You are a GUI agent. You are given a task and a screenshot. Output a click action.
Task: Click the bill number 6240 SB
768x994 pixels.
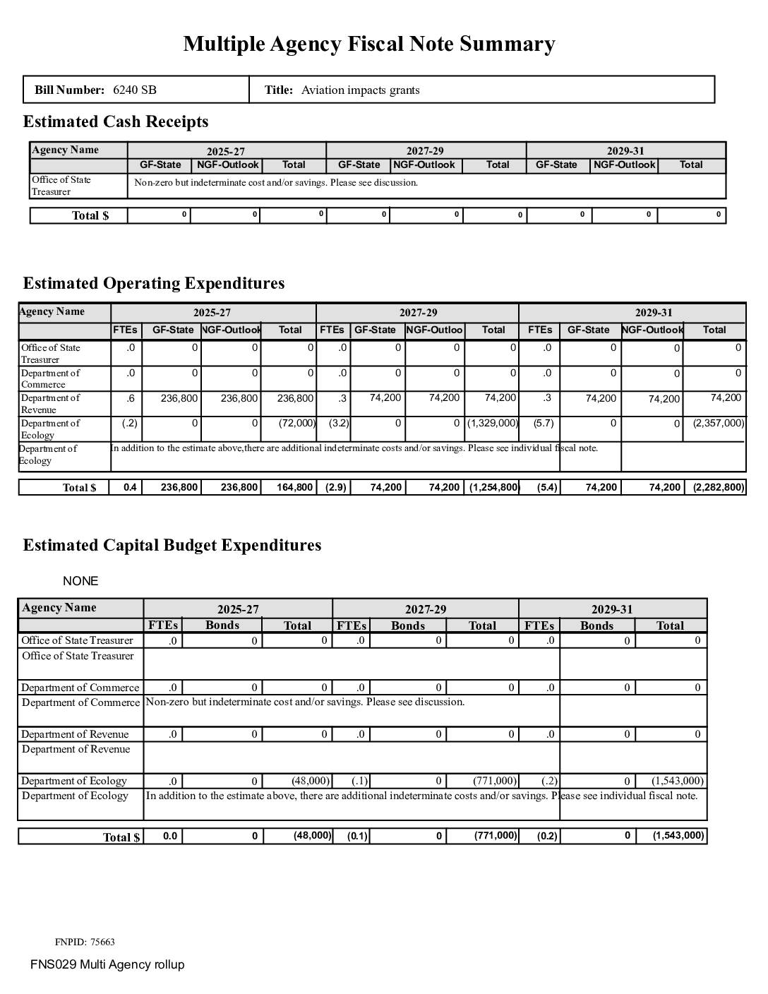(x=135, y=90)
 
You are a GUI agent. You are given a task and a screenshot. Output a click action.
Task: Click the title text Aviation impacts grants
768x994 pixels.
(x=360, y=90)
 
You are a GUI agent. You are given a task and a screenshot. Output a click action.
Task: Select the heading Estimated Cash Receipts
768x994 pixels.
(x=116, y=122)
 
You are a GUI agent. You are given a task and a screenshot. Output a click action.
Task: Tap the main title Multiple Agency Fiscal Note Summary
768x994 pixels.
(x=369, y=44)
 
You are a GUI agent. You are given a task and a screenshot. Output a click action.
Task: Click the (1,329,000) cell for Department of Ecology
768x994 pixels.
(x=492, y=424)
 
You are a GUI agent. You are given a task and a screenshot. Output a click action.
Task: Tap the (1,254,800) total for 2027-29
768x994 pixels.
(x=494, y=487)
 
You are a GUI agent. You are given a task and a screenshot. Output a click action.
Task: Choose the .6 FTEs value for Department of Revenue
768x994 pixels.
(x=131, y=399)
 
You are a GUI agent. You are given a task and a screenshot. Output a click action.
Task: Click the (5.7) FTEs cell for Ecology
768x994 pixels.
(x=544, y=424)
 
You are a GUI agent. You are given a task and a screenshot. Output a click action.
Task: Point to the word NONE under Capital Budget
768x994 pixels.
(x=80, y=581)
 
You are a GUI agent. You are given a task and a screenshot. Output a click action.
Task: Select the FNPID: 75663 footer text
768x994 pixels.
(x=85, y=942)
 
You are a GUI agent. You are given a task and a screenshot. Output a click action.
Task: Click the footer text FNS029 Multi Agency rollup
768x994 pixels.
(x=107, y=964)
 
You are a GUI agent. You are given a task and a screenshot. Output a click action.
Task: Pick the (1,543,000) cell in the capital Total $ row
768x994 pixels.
(x=678, y=836)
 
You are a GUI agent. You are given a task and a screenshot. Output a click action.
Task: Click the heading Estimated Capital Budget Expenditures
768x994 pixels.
(x=172, y=545)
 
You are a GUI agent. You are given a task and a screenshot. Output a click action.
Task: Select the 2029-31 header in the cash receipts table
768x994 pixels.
(x=625, y=151)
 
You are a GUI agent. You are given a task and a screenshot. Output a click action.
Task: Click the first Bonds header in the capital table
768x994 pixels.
(x=222, y=625)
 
